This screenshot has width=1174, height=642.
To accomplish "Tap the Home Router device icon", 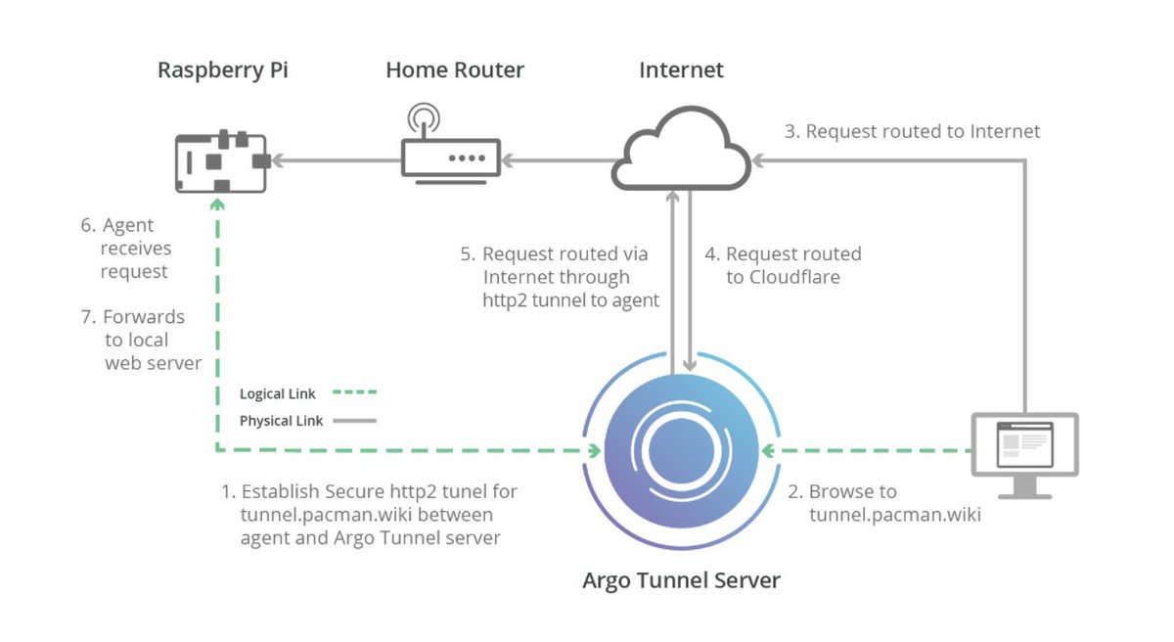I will pyautogui.click(x=451, y=158).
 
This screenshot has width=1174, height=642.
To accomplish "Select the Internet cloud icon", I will pyautogui.click(x=686, y=152).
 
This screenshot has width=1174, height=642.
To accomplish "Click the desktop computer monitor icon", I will pyautogui.click(x=1024, y=450).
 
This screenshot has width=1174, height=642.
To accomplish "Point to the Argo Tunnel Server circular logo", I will pyautogui.click(x=682, y=451).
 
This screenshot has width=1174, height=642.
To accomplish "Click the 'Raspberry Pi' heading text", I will pyautogui.click(x=224, y=70).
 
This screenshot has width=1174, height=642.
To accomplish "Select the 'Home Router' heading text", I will pyautogui.click(x=455, y=70).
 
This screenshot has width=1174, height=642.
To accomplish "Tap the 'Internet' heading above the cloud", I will pyautogui.click(x=681, y=70).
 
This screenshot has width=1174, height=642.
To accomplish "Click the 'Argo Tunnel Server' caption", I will pyautogui.click(x=681, y=580).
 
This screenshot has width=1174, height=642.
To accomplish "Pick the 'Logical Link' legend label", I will pyautogui.click(x=278, y=394).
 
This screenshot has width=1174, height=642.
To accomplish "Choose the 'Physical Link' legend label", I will pyautogui.click(x=280, y=421).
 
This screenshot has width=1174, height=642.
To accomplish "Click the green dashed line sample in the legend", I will pyautogui.click(x=354, y=394).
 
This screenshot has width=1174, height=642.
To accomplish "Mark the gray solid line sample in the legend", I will pyautogui.click(x=354, y=421).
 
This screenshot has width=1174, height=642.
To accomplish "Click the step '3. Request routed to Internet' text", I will pyautogui.click(x=913, y=131).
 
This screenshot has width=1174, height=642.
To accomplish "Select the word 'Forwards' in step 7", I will pyautogui.click(x=144, y=317).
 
